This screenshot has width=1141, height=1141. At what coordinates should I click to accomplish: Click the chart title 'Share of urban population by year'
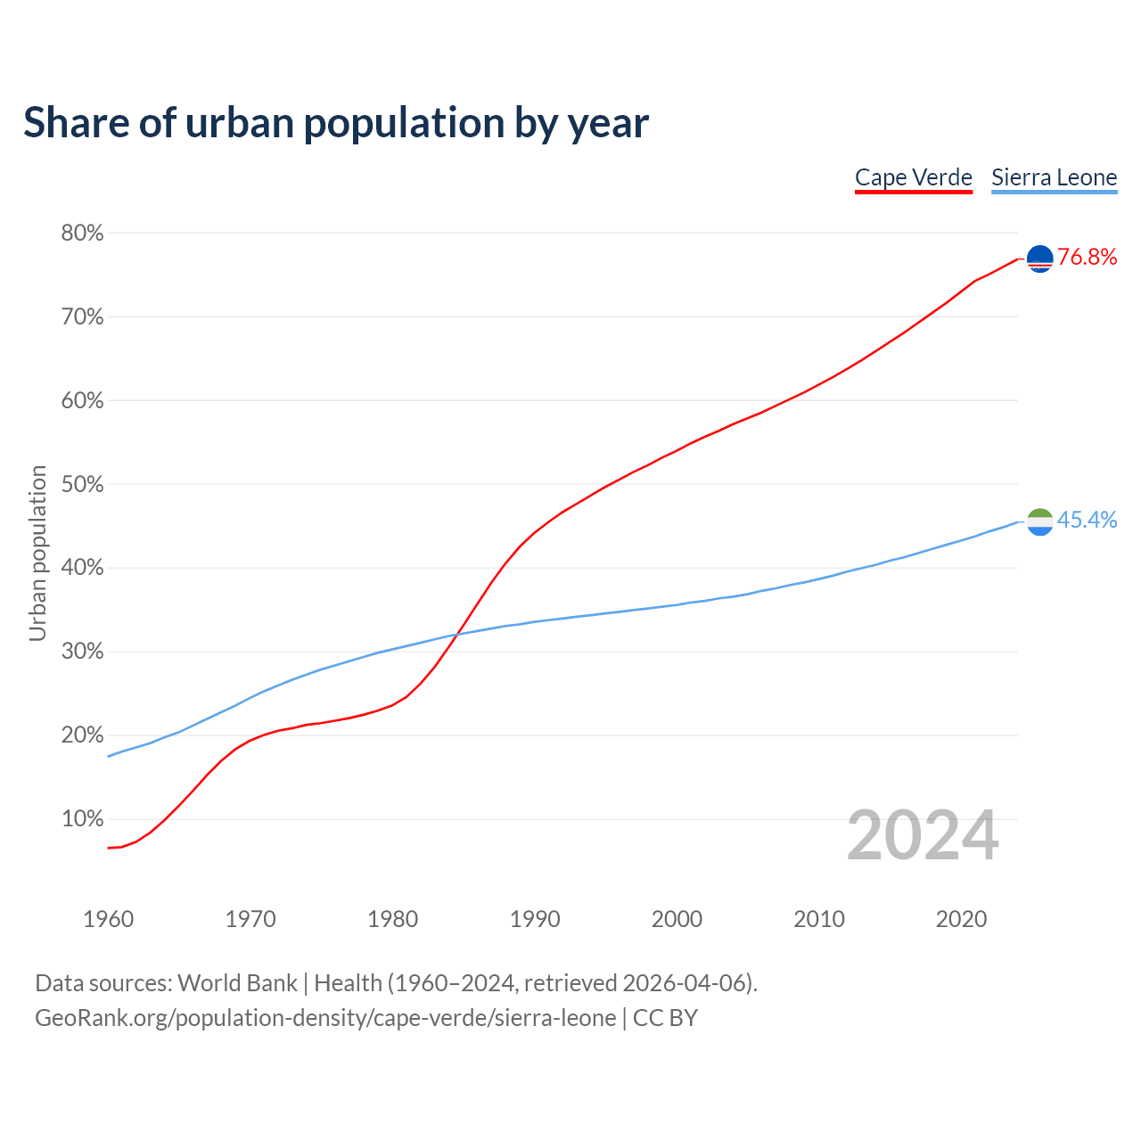336,123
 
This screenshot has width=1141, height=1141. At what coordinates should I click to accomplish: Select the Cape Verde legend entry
913,177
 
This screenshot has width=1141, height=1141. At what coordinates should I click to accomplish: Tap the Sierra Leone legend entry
1054,177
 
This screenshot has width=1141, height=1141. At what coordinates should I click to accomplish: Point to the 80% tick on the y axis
82,234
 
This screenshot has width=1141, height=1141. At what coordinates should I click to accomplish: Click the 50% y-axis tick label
82,485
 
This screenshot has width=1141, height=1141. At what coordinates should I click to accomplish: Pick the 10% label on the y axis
82,819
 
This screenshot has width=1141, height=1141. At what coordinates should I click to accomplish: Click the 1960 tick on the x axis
108,919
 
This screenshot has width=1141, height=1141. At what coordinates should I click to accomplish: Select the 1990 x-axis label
535,919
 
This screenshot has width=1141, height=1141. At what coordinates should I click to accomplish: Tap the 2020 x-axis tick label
961,919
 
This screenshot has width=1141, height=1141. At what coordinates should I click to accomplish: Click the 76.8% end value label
1087,258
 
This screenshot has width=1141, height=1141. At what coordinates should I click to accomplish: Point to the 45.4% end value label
1087,521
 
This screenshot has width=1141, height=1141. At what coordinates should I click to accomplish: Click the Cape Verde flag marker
1040,259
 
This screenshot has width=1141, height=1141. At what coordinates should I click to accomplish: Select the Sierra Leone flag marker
1040,521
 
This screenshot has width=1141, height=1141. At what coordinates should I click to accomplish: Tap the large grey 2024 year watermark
923,836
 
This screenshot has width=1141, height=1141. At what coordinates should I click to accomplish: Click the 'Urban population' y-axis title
37,553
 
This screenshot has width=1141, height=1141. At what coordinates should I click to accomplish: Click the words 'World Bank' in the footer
237,983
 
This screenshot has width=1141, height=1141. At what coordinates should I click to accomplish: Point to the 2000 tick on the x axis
677,919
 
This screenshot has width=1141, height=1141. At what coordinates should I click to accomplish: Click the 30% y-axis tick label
82,652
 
